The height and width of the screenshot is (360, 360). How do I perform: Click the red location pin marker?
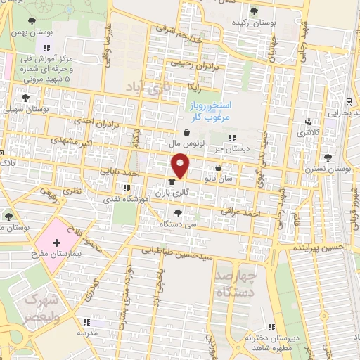181,165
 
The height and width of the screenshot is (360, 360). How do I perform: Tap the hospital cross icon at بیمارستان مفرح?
57,242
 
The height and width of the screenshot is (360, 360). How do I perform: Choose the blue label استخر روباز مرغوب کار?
209,110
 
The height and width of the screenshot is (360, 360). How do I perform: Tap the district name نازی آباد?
149,87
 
